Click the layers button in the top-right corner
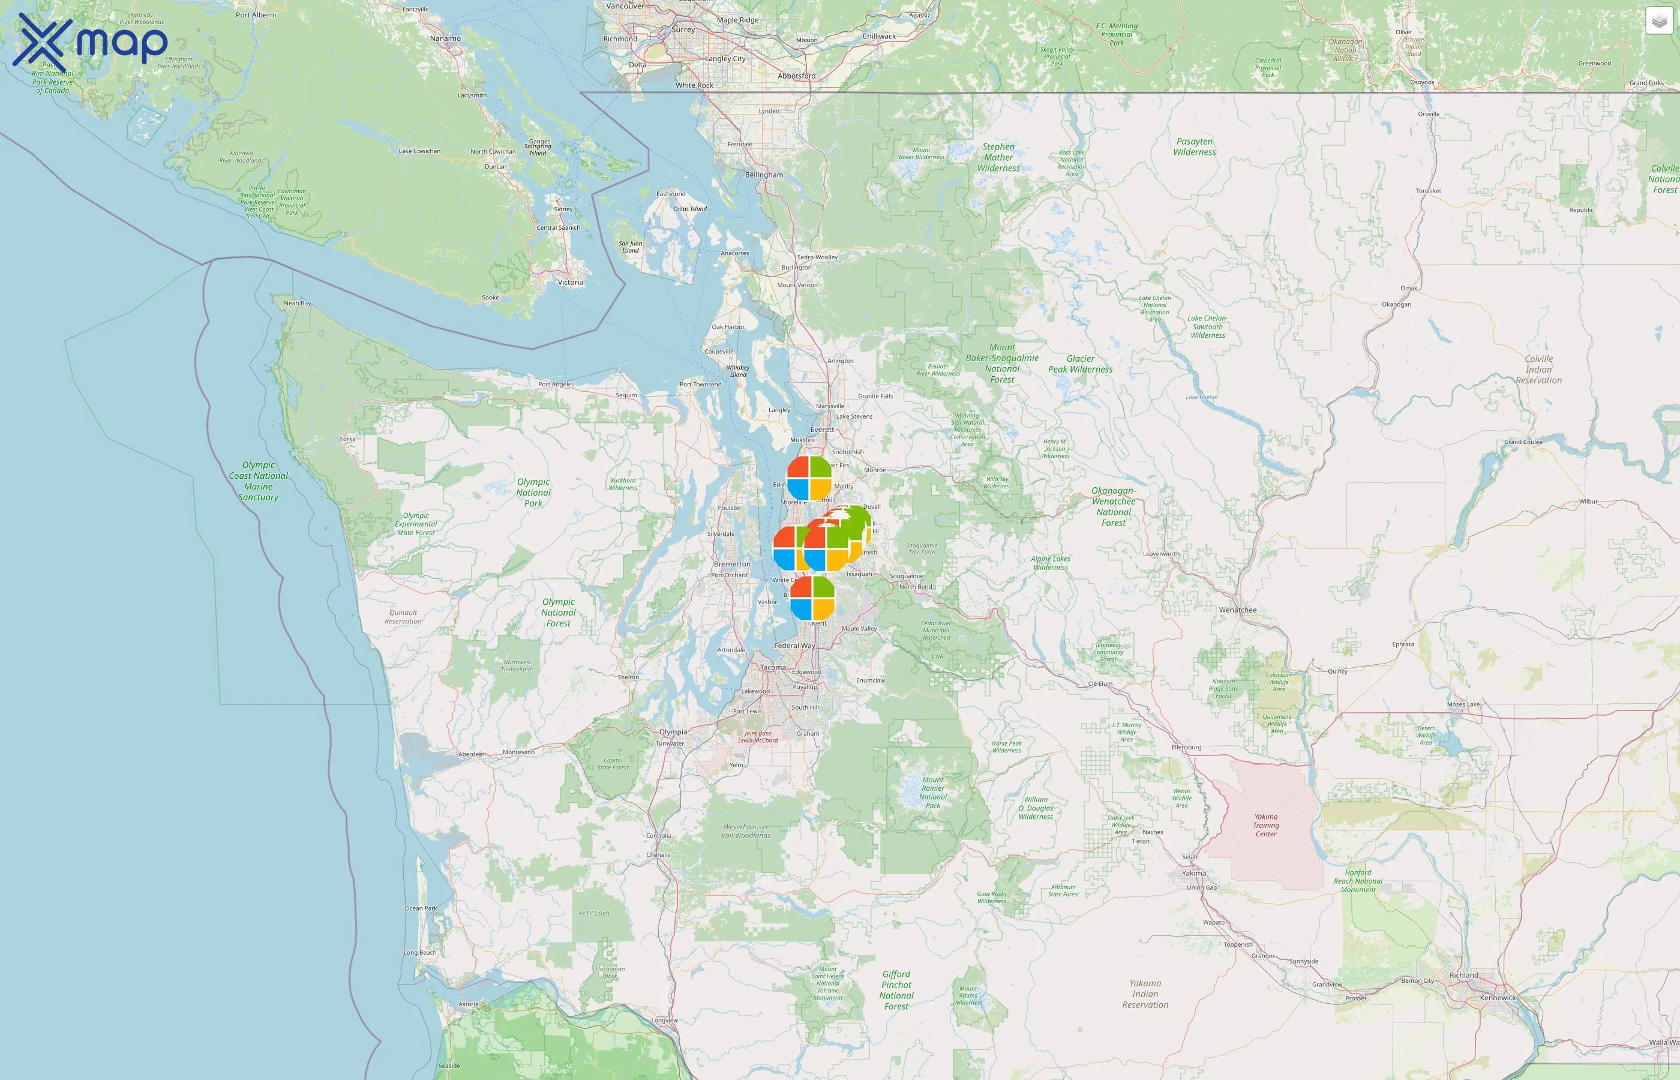tap(1658, 21)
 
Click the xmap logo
tap(91, 41)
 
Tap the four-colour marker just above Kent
tap(812, 598)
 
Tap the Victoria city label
tap(570, 283)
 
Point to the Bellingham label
tap(764, 175)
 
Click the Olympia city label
tap(673, 731)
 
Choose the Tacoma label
tap(773, 667)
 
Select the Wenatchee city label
tap(1238, 610)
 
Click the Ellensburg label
tap(1186, 747)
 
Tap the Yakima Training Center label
tap(1265, 825)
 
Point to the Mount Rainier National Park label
tap(932, 792)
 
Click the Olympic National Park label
tap(533, 493)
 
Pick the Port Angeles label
tap(556, 385)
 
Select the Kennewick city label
tap(1498, 997)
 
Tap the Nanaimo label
tap(445, 38)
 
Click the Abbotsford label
tap(797, 76)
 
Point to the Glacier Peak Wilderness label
tap(1080, 364)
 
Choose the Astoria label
tap(469, 1004)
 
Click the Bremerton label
tap(731, 564)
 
